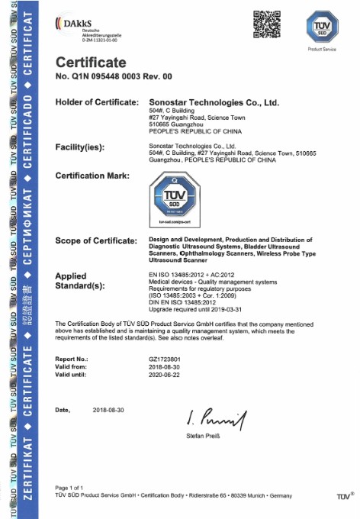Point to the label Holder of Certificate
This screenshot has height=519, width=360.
click(x=97, y=102)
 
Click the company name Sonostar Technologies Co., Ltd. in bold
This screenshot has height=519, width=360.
click(x=213, y=102)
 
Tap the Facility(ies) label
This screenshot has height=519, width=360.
click(x=80, y=146)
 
